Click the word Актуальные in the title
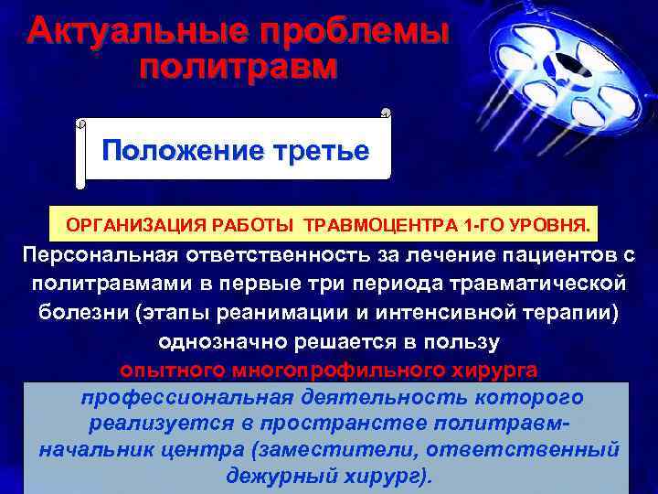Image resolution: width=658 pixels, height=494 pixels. (135, 33)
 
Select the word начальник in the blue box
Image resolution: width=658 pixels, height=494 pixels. (106, 450)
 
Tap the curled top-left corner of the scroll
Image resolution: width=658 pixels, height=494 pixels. (80, 123)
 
